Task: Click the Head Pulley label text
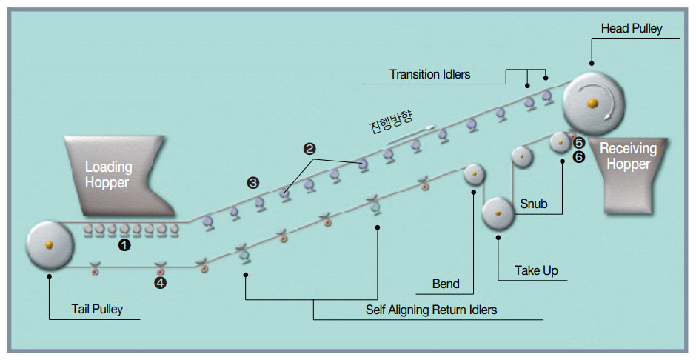point(631,29)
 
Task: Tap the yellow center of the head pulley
point(592,104)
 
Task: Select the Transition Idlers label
point(429,74)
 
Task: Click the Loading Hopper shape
point(118,176)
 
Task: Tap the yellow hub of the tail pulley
point(49,244)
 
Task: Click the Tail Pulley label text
point(97,309)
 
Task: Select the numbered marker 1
point(124,244)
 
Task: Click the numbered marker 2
point(309,149)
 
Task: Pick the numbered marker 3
point(253,183)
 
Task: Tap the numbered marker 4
point(160,283)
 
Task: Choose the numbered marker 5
point(579,143)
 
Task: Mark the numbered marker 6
point(579,157)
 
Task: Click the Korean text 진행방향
point(391,121)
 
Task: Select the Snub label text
point(534,204)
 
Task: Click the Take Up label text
point(536,270)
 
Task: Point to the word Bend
point(446,284)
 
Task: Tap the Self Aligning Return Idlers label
point(431,310)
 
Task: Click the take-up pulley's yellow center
point(498,213)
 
